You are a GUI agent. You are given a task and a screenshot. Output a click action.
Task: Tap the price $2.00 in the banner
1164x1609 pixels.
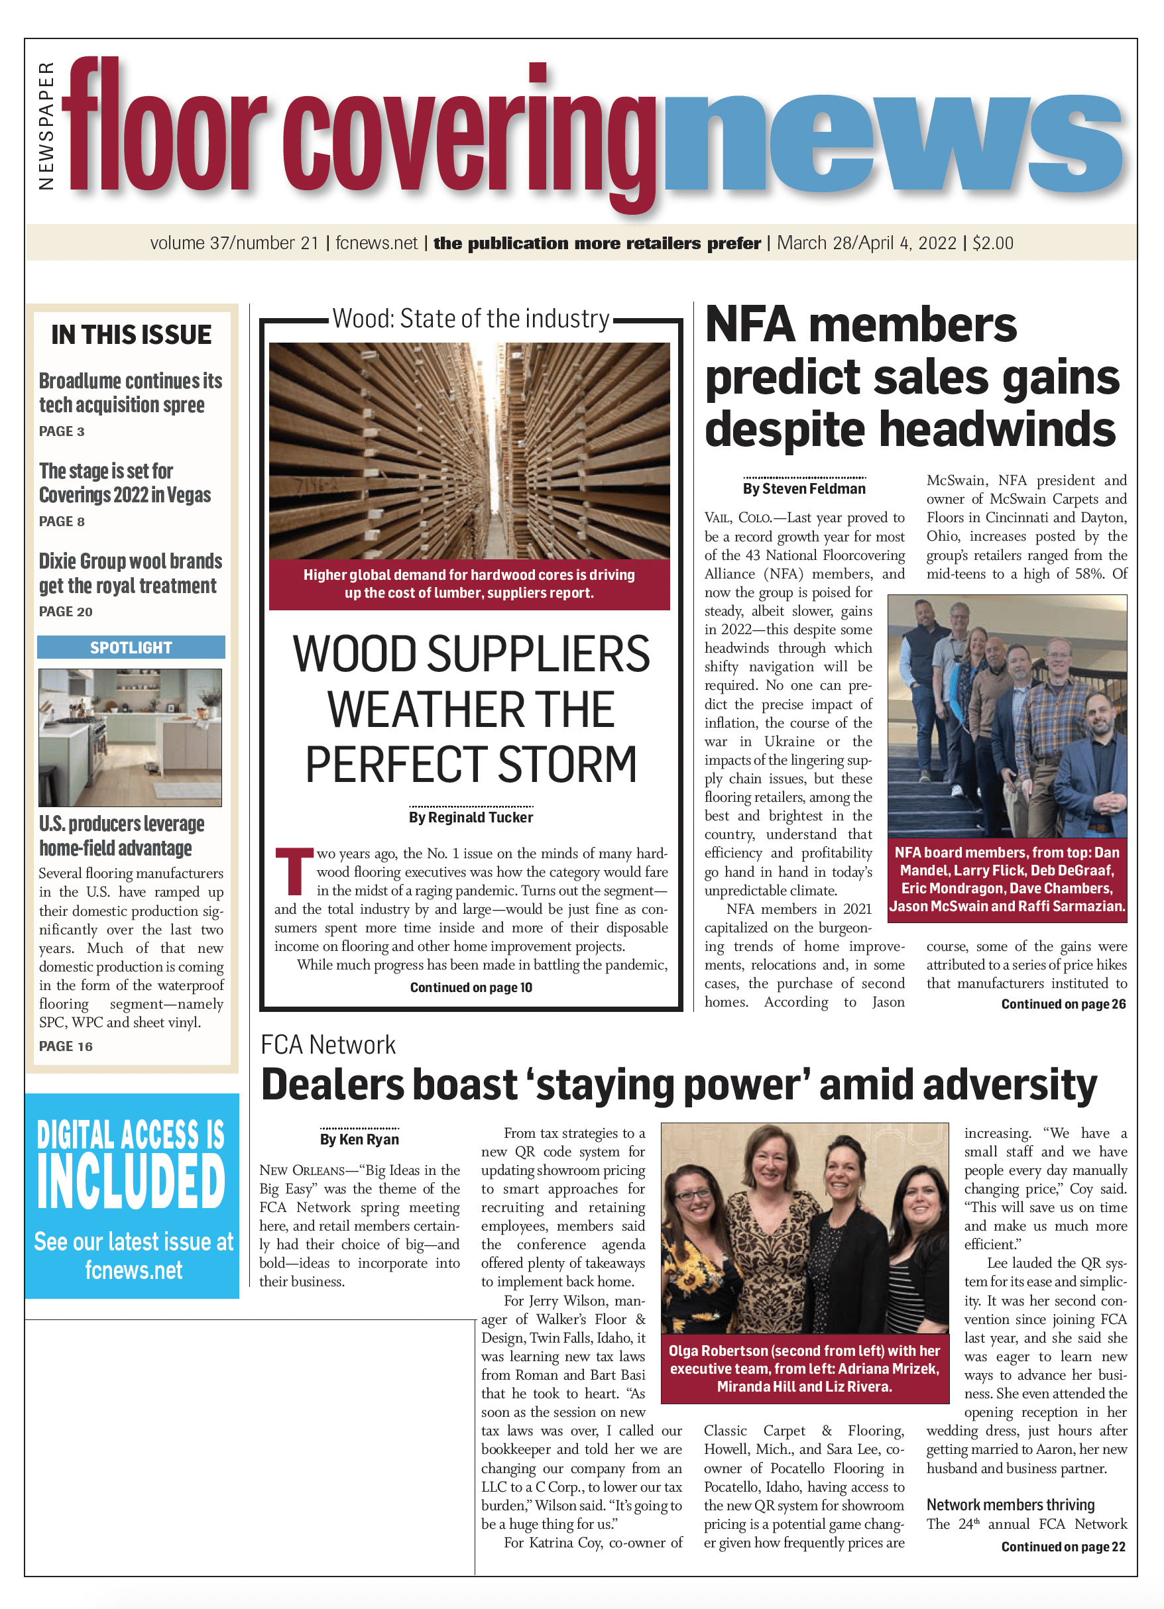click(992, 243)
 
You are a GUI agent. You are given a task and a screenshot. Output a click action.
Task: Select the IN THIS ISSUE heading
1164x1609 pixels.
click(131, 335)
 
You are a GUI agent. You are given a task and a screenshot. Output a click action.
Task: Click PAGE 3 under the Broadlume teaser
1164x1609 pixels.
click(62, 431)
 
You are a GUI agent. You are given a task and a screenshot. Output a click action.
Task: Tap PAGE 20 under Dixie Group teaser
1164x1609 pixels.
click(66, 612)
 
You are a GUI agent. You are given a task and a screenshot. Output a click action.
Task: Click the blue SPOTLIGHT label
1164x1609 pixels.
click(131, 647)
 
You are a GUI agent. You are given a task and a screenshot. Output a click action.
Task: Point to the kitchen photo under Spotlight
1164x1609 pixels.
click(131, 737)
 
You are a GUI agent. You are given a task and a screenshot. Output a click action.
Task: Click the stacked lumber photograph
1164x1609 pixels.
click(469, 451)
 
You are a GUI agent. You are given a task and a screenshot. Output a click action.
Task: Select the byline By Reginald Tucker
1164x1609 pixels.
click(471, 817)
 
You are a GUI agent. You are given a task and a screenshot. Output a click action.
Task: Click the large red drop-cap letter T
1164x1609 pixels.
click(293, 871)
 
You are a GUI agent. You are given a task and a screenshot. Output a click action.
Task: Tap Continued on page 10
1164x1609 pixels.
click(471, 987)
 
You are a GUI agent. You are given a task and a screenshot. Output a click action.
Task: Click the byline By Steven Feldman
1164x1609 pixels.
click(804, 489)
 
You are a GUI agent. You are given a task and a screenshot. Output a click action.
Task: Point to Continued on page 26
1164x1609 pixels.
click(1063, 1004)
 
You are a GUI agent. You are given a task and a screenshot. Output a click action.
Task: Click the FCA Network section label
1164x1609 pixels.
click(328, 1045)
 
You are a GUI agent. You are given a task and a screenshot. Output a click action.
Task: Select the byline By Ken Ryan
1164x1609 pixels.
click(359, 1139)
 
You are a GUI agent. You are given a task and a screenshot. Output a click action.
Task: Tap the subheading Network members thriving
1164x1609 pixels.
click(1010, 1505)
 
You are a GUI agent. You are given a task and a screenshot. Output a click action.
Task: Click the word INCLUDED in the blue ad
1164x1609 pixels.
click(131, 1182)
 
